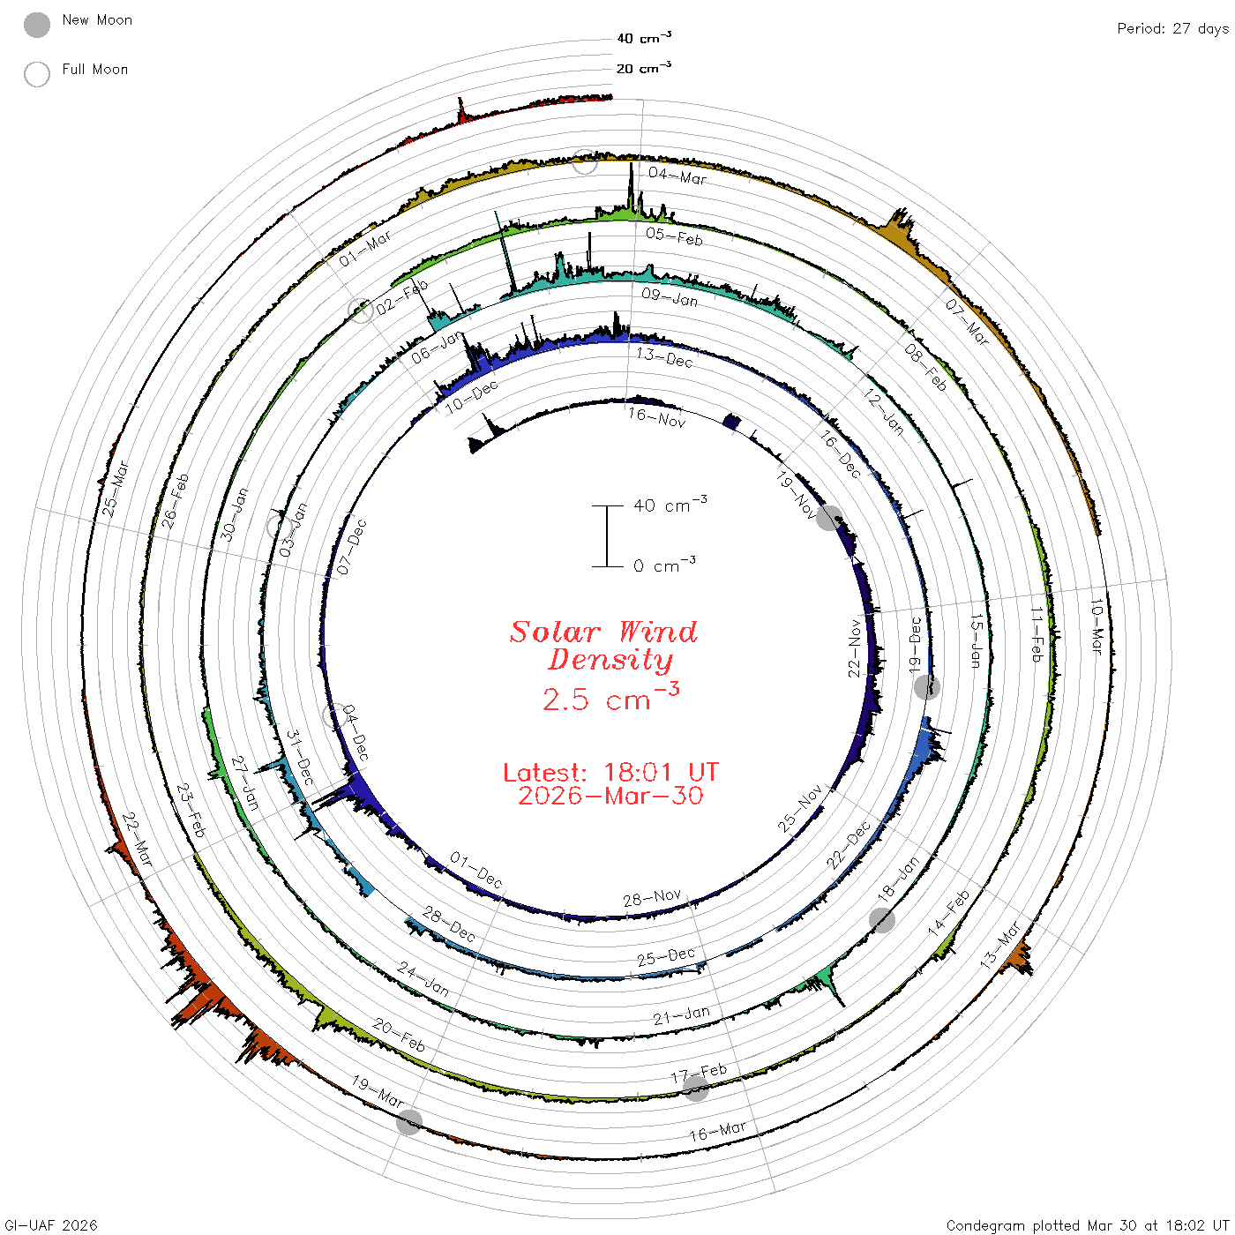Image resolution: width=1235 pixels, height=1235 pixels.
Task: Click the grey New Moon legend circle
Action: click(x=36, y=25)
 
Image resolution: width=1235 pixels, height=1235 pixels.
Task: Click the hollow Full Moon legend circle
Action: click(x=36, y=74)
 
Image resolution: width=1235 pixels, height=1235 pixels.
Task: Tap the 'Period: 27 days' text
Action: click(x=1172, y=29)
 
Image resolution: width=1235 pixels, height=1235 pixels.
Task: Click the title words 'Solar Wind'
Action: click(x=603, y=632)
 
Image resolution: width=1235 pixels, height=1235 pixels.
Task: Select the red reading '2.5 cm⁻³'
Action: click(x=610, y=697)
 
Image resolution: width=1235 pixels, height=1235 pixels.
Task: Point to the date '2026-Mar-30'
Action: click(x=610, y=796)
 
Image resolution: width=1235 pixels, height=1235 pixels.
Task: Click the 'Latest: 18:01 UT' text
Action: click(x=610, y=772)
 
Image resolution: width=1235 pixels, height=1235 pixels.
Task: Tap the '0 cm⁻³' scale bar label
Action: click(x=664, y=565)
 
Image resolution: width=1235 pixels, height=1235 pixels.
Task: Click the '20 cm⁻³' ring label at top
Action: click(x=643, y=67)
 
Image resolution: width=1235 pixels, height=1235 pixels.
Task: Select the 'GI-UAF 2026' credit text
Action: click(x=51, y=1224)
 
